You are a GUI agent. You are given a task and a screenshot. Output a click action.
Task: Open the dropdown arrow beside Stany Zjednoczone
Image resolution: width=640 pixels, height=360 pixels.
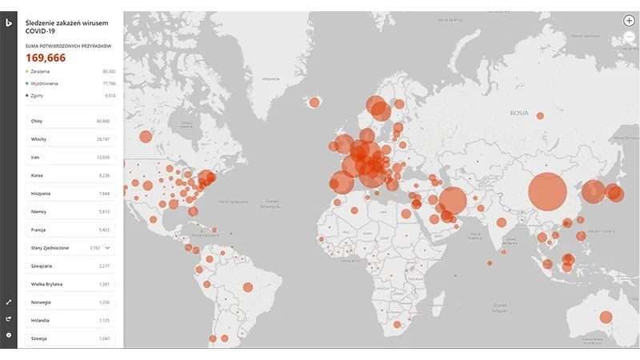tap(108, 248)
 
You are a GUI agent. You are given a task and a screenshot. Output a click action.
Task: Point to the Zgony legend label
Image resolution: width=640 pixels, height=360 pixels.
tap(38, 95)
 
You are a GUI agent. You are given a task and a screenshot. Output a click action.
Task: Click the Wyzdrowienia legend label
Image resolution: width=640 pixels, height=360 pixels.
tap(45, 83)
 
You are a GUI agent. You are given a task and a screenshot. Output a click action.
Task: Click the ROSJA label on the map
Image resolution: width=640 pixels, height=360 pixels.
tap(521, 114)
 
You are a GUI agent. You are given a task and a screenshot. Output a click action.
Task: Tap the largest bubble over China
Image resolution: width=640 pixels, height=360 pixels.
tap(547, 192)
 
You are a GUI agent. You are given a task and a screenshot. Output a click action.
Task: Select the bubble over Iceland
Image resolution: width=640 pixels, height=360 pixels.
tap(314, 102)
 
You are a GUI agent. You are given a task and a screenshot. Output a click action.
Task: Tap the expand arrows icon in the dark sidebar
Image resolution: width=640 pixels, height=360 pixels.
tap(9, 302)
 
